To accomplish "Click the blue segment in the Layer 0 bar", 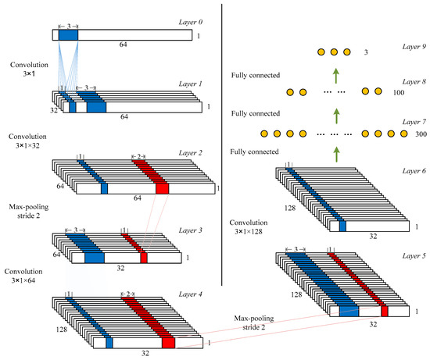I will coord(68,35).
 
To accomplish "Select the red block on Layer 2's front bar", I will coord(162,188).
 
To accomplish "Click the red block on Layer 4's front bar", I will coord(168,342).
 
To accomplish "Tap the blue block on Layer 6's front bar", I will coord(342,226).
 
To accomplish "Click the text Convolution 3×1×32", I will coord(27,140).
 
